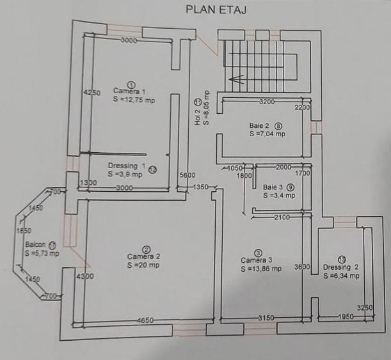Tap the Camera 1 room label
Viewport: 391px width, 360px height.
pyautogui.click(x=127, y=91)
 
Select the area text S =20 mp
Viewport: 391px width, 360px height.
pyautogui.click(x=143, y=264)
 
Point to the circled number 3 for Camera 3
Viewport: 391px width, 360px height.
pyautogui.click(x=257, y=253)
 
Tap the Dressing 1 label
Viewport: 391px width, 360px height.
pyautogui.click(x=123, y=165)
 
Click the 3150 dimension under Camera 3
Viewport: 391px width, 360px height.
pyautogui.click(x=266, y=318)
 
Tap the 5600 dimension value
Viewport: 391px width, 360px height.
pyautogui.click(x=188, y=175)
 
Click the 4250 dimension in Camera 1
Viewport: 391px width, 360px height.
pyautogui.click(x=92, y=93)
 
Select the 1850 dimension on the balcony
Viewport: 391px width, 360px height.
pyautogui.click(x=24, y=230)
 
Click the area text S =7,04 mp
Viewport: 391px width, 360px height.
pyautogui.click(x=267, y=134)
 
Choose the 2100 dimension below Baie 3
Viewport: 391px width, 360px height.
pyautogui.click(x=282, y=217)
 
